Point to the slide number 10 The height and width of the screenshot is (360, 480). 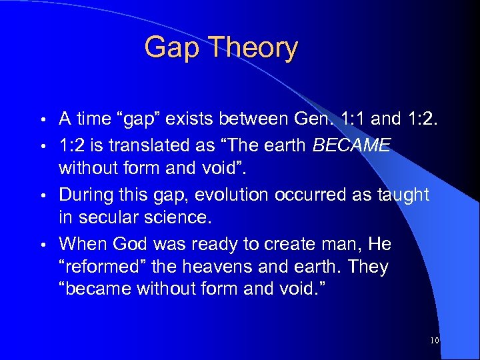(435, 341)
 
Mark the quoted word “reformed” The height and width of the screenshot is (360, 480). (102, 267)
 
